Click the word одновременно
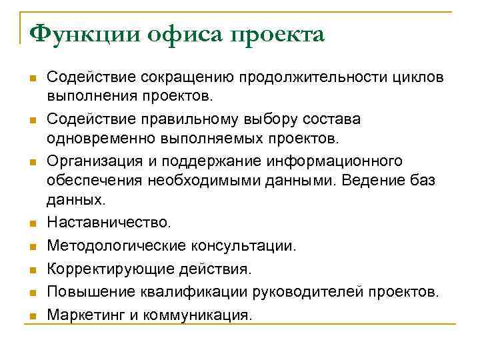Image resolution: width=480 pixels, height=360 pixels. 94,139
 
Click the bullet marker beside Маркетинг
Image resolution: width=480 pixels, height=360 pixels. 32,315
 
